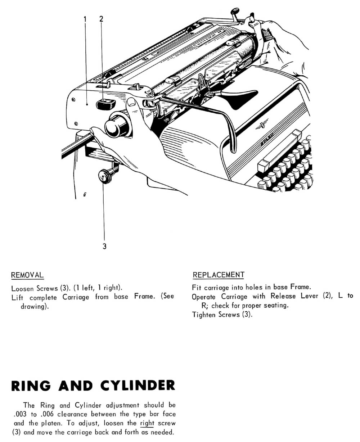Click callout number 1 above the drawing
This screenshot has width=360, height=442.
85,19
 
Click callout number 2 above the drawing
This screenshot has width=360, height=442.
101,19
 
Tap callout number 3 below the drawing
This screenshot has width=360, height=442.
104,247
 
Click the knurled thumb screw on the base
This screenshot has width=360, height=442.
105,177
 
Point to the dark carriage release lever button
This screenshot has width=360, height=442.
105,104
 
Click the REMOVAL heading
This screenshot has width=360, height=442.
27,275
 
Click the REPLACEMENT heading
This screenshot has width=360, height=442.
219,275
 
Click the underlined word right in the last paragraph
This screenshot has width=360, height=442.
147,423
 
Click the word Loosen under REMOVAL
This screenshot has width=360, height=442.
23,288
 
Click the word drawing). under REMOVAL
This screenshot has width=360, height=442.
35,306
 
